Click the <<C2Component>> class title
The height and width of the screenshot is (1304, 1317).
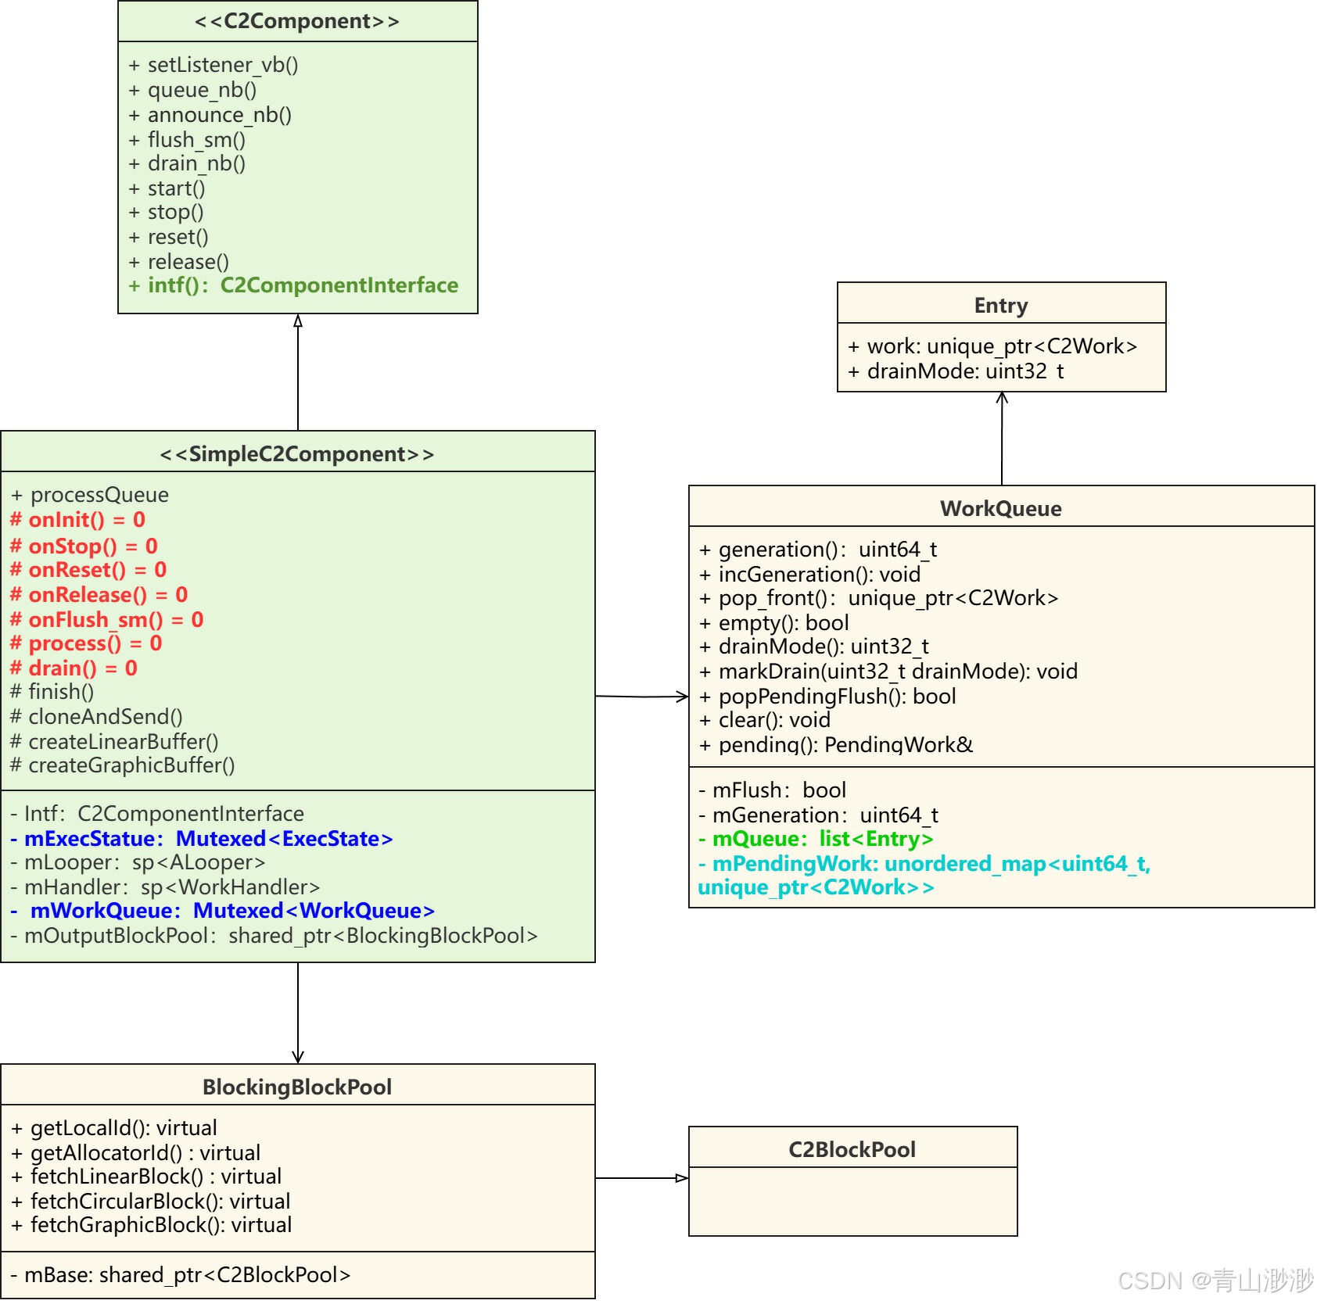tap(297, 21)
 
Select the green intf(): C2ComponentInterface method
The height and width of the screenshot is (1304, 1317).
tap(294, 285)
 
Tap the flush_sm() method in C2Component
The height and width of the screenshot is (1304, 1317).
tap(188, 140)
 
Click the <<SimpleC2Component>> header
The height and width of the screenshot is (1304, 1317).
tap(297, 454)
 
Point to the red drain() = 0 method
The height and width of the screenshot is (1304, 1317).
tap(74, 668)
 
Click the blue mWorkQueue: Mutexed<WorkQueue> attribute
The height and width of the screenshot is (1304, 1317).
tap(223, 911)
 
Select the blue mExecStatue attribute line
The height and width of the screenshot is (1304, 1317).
tap(202, 839)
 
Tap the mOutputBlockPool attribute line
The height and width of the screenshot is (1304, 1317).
tap(274, 936)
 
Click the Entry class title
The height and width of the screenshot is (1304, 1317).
tap(1001, 306)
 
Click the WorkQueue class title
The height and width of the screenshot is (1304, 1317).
tap(1001, 509)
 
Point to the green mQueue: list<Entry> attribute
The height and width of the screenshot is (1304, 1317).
tap(816, 839)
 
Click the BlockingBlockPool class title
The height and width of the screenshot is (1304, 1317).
tap(297, 1087)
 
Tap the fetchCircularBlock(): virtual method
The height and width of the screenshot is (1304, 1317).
tap(152, 1202)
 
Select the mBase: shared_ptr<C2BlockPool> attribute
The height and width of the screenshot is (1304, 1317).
tap(181, 1275)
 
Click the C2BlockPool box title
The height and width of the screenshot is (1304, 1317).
tap(852, 1150)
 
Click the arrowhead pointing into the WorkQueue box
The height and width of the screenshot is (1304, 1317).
tap(683, 697)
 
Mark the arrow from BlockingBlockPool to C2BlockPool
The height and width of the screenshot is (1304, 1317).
tap(641, 1178)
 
